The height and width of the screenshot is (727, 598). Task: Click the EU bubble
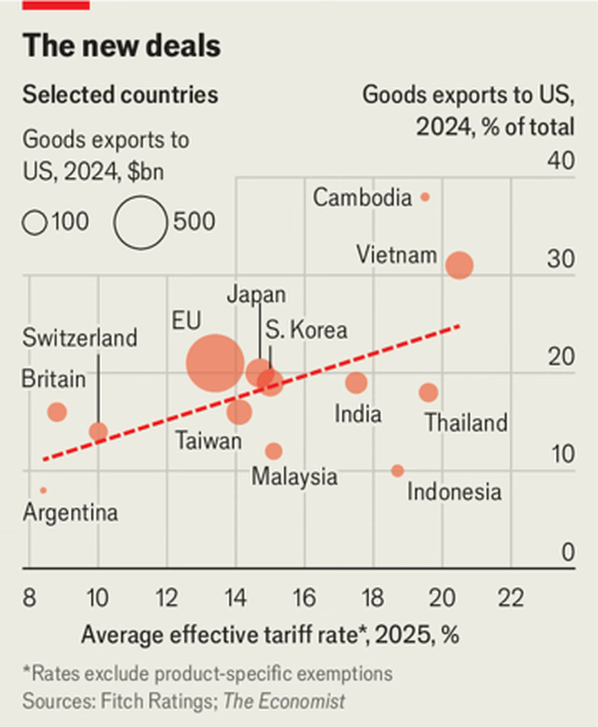point(215,363)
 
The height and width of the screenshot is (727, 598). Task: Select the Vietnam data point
point(459,265)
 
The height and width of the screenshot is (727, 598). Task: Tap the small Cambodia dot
point(425,197)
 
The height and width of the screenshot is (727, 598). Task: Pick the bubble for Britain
point(57,412)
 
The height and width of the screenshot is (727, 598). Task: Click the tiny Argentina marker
point(43,490)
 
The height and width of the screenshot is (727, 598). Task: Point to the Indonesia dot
point(397,471)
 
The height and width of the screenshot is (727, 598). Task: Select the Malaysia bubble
point(274,451)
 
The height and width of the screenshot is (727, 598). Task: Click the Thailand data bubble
point(428,392)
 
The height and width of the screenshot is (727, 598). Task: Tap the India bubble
point(356,382)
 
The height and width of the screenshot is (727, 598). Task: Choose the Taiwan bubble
point(239,412)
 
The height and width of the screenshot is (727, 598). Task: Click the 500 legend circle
point(141,222)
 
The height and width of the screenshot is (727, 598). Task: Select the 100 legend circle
point(35,223)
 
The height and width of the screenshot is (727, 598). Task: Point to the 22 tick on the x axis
point(511,598)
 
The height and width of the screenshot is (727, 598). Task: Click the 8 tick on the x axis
point(29,598)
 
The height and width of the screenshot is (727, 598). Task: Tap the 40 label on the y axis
point(561,161)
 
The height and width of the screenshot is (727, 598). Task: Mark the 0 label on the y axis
point(568,552)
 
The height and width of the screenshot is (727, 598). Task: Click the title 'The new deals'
point(122,46)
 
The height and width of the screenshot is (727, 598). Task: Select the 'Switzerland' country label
point(80,338)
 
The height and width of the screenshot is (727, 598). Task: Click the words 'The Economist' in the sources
point(284,702)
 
